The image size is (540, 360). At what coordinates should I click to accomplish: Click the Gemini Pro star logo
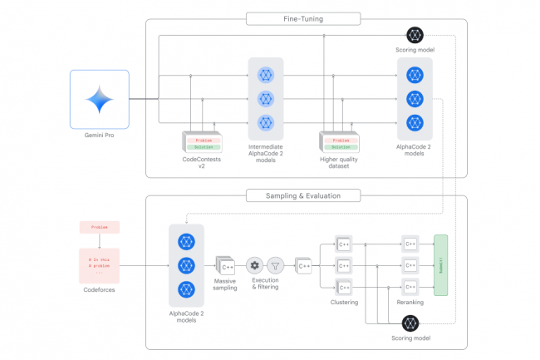(x=99, y=99)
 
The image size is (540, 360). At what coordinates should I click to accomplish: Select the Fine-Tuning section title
(x=303, y=17)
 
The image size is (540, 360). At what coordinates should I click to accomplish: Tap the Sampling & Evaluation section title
(x=303, y=195)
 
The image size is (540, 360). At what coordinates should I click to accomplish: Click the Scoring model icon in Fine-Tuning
(x=415, y=35)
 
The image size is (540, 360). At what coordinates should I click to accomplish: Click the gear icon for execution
(x=254, y=266)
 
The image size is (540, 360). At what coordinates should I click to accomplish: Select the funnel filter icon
(x=276, y=266)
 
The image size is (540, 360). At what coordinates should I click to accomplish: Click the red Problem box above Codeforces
(x=99, y=227)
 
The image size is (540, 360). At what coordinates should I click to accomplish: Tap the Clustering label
(x=344, y=302)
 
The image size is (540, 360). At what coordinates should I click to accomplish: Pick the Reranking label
(x=410, y=302)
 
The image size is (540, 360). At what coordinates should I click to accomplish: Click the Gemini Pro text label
(x=99, y=136)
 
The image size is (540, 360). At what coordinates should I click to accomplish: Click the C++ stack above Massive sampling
(x=226, y=265)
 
